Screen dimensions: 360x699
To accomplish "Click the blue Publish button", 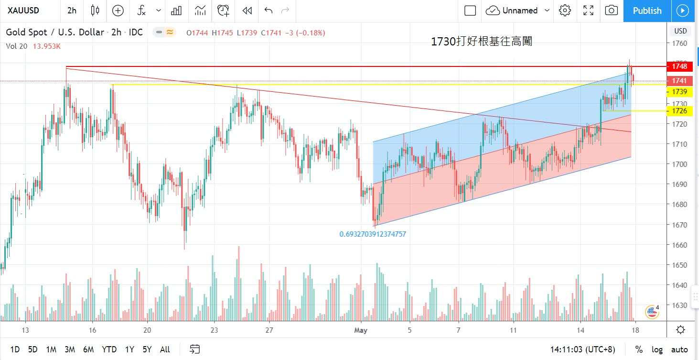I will pos(647,11).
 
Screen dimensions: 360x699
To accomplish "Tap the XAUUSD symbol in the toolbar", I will pos(24,11).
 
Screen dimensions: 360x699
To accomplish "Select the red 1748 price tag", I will pos(679,66).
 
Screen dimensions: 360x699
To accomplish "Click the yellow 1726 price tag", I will pos(679,111).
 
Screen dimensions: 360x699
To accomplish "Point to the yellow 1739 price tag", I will pos(679,91).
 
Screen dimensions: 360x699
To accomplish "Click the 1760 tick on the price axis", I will pos(679,44).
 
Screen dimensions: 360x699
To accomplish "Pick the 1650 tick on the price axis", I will pos(679,265).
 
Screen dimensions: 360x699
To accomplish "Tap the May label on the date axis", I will pos(361,330).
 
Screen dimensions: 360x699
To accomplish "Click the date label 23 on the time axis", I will pos(214,330).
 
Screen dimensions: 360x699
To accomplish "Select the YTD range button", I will pos(109,349).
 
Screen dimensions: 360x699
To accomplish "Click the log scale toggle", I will pos(657,349).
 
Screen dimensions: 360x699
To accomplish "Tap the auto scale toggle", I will pos(679,349).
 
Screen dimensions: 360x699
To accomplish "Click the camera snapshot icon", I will pos(611,11).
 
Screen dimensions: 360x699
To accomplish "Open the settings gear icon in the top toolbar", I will pos(565,11).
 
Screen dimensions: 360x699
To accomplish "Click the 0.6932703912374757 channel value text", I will pos(373,234).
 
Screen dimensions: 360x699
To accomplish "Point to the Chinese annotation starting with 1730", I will pos(481,42).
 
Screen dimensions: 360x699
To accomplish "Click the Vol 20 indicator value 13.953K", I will pos(47,46).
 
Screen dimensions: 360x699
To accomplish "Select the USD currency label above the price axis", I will pos(680,31).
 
